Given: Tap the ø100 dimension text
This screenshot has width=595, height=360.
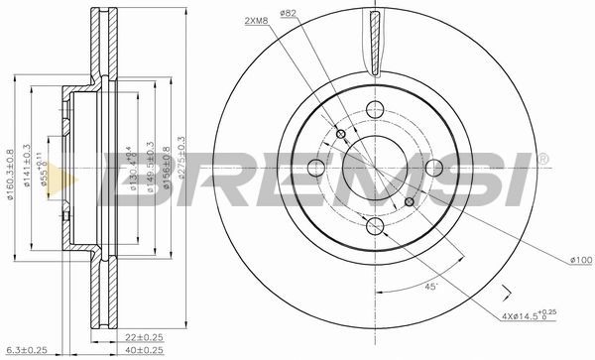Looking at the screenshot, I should [x=582, y=261].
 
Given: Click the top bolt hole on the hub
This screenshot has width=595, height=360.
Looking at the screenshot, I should [x=374, y=110].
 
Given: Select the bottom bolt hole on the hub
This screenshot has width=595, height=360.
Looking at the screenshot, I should [x=374, y=227].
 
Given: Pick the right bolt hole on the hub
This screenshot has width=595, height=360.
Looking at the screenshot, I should [x=432, y=169].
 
